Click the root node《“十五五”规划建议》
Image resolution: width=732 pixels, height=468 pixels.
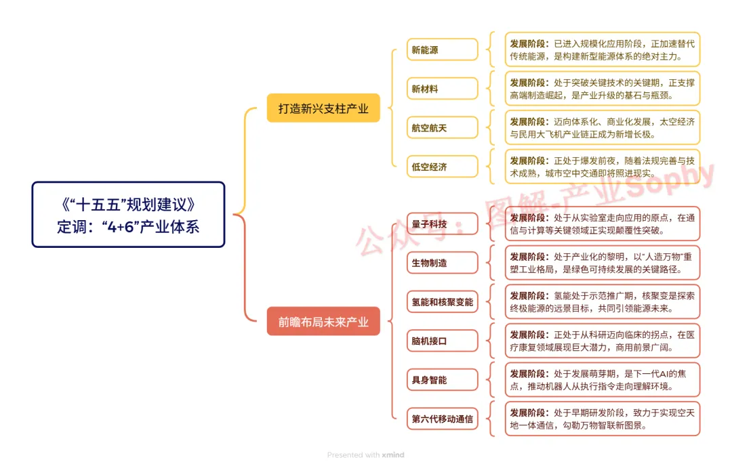[128, 214]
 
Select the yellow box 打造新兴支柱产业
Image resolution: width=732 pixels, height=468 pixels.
[323, 108]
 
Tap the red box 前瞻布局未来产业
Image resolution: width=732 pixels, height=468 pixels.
[323, 322]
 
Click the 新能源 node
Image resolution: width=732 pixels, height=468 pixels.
[442, 50]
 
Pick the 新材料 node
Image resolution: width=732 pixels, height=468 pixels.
[442, 89]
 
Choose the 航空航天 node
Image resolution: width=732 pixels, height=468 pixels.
[442, 127]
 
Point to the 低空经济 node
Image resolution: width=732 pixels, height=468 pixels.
[442, 167]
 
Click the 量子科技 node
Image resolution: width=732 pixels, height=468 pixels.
[442, 224]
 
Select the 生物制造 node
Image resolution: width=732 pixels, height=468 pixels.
[442, 263]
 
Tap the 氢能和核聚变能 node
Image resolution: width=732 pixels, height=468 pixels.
[442, 302]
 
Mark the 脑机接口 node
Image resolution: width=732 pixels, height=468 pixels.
[442, 341]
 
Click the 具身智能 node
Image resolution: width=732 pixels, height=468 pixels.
[442, 380]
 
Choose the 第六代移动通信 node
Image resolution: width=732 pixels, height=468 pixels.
[442, 419]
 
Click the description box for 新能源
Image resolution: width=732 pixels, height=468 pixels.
[602, 50]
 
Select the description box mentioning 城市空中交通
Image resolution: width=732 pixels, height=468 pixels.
[602, 167]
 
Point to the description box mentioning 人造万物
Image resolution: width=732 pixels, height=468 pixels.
[602, 263]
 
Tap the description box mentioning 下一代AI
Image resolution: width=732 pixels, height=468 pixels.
[602, 380]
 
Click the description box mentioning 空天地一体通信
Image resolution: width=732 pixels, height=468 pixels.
[602, 419]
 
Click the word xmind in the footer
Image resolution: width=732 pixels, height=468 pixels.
[393, 455]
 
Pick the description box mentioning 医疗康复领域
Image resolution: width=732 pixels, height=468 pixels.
[602, 341]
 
